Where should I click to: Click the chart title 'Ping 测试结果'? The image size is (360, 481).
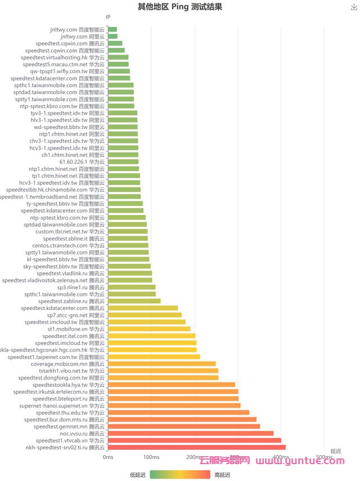coord(179,7)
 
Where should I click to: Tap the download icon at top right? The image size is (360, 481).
coord(354,7)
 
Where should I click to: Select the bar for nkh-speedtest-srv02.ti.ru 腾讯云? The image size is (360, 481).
coord(197,447)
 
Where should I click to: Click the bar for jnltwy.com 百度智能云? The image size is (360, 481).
coord(112,29)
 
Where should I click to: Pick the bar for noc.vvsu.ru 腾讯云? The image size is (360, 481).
coord(191,433)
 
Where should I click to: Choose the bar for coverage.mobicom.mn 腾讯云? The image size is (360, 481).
coord(162,363)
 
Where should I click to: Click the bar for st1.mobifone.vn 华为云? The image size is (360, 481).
coord(149,329)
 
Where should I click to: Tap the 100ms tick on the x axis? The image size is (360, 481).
coord(151,457)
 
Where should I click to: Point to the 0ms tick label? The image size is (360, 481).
coord(108,457)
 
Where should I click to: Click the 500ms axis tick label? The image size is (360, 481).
coord(323,457)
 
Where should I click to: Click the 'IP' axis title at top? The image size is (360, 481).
coord(108,17)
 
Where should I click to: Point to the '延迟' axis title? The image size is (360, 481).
coord(336,451)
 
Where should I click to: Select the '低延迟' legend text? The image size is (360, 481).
coord(138,475)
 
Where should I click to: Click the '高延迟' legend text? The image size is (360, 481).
coord(222,475)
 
